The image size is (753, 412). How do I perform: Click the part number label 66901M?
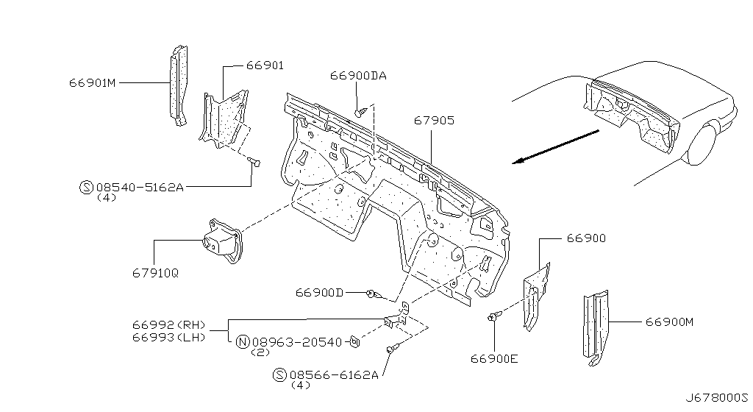(x=92, y=83)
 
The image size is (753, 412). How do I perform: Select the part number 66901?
(x=265, y=65)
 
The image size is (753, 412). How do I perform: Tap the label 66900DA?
(x=358, y=76)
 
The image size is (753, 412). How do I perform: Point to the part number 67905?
(x=434, y=120)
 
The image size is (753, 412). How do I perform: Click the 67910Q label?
(x=156, y=273)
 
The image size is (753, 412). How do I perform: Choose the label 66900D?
(x=319, y=292)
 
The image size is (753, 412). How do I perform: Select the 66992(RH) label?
(x=169, y=325)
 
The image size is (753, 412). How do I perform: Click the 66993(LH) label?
(x=169, y=337)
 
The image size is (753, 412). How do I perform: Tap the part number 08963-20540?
(x=297, y=342)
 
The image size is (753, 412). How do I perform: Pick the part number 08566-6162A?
(x=334, y=374)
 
